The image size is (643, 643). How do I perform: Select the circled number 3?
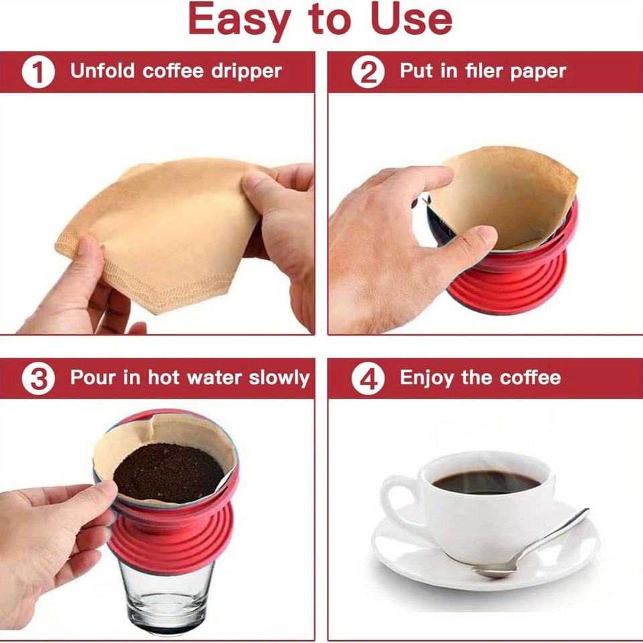tap(38, 379)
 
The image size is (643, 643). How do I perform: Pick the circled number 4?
tap(368, 379)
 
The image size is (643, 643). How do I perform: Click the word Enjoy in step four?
tap(426, 378)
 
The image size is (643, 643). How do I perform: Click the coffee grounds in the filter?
tap(167, 473)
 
